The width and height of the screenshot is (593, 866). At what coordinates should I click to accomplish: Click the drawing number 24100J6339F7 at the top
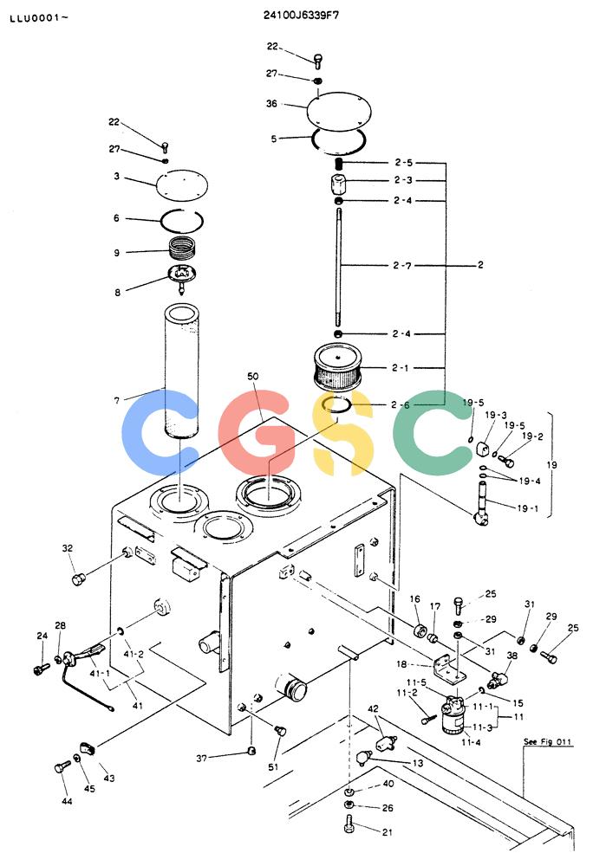coord(301,15)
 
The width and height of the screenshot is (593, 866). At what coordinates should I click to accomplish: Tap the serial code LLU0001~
coord(39,17)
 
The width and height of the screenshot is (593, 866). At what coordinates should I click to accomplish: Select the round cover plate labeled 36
coord(339,112)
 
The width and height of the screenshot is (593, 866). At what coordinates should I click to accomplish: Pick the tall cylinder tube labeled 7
coord(182,371)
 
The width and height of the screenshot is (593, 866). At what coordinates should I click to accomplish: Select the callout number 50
coord(252,376)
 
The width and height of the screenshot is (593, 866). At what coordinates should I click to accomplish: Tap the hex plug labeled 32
coord(79,578)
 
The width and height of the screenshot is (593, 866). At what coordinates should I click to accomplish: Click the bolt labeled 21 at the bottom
coord(349,823)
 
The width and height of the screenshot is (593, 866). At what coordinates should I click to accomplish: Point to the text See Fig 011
coord(547,741)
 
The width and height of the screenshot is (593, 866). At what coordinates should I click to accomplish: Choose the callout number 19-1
coord(527,508)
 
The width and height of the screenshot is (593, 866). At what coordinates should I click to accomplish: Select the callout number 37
coord(202,759)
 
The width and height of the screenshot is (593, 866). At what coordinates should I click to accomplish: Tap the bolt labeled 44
coord(62,767)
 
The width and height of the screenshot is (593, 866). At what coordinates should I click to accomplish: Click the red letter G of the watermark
coord(254,432)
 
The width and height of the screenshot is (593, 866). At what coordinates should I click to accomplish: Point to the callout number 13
coord(418,763)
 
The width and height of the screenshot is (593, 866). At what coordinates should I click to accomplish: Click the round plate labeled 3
coord(182,184)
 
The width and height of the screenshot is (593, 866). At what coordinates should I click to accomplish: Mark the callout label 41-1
coord(100,674)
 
